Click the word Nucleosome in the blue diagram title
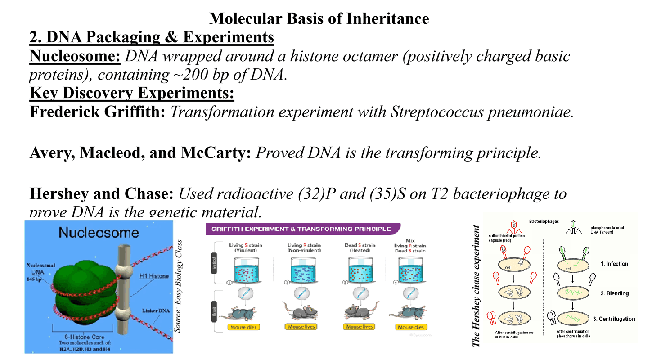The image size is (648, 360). point(99,233)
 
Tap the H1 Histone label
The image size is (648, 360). point(153,276)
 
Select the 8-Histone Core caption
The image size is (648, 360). point(85,337)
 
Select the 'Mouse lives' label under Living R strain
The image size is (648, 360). point(301,327)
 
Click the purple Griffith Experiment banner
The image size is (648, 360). point(301,229)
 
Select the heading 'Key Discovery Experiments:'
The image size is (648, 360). point(132,93)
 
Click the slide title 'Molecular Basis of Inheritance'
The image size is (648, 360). point(319,18)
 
